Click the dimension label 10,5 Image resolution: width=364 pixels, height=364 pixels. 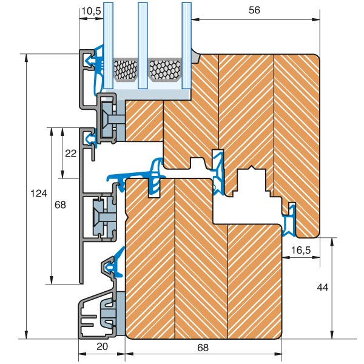click(92, 11)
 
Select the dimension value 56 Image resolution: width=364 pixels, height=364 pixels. click(254, 10)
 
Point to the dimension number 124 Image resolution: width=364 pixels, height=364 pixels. click(39, 193)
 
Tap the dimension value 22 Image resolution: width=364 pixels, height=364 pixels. click(70, 153)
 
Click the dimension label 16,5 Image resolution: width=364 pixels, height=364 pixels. click(301, 251)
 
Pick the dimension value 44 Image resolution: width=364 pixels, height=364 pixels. click(323, 288)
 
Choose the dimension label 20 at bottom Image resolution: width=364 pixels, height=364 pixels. click(102, 346)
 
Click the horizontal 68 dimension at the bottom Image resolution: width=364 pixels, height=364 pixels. click(203, 348)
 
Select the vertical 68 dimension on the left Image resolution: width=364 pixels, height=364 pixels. click(60, 205)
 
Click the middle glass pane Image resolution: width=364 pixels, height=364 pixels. click(143, 45)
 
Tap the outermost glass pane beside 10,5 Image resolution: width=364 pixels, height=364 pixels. click(108, 45)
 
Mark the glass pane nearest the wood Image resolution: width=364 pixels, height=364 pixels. click(187, 45)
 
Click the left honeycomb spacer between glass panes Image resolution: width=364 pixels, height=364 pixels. click(126, 70)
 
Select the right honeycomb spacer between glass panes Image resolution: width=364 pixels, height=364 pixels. click(164, 70)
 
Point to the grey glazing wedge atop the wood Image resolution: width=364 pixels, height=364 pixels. click(195, 56)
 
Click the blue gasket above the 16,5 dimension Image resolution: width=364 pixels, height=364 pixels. click(289, 221)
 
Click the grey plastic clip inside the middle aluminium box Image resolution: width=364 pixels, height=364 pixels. click(104, 217)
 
